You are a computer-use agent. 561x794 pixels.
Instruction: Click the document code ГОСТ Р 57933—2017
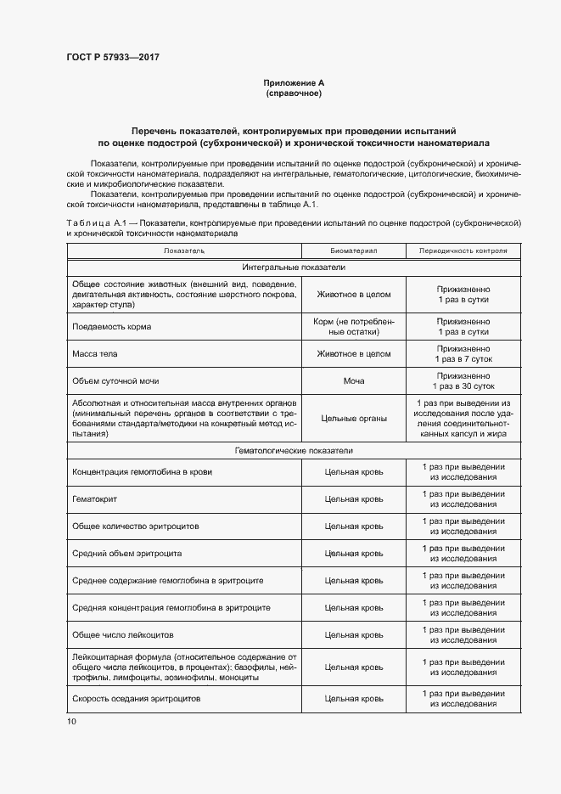click(113, 57)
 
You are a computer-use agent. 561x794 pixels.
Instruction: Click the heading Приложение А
click(294, 82)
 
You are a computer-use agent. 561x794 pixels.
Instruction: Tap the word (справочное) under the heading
click(294, 93)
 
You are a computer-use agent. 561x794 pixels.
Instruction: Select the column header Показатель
click(184, 251)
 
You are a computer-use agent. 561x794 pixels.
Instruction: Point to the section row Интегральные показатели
click(294, 267)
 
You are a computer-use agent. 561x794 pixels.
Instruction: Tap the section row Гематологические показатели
click(294, 451)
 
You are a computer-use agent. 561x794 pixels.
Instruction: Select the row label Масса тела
click(95, 354)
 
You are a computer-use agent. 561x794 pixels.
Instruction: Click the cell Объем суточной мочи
click(115, 381)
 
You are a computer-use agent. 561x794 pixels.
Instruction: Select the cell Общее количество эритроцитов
click(136, 527)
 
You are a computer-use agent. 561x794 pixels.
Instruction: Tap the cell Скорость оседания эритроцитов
click(137, 698)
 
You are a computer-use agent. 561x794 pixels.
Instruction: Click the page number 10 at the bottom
click(71, 721)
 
